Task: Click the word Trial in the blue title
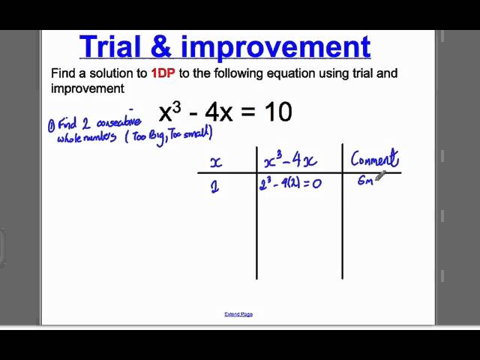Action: (115, 46)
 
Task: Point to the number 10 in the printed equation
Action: (277, 112)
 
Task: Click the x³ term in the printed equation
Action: (170, 112)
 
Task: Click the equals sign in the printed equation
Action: (250, 113)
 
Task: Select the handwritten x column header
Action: (215, 163)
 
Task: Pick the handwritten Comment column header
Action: (374, 159)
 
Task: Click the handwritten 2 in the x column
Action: (215, 187)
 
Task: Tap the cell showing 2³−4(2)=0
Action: (290, 183)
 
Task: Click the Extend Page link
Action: (238, 314)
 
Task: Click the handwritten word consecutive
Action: (118, 123)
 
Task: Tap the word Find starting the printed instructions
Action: (62, 73)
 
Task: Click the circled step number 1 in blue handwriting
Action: (51, 126)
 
